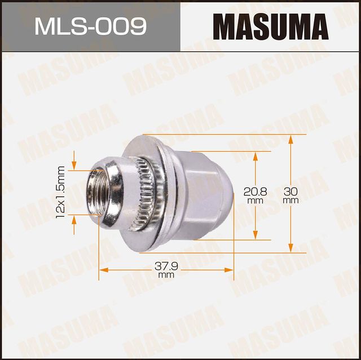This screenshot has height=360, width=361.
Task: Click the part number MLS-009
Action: coord(90,25)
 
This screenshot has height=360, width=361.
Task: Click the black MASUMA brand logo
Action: coord(271,26)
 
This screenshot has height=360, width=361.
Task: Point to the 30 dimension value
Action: coord(291,192)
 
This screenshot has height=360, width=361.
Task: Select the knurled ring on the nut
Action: coord(146,194)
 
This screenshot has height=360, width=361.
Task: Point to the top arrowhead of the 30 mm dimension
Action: coord(291,139)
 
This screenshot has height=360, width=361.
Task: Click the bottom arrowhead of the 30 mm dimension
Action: coord(291,248)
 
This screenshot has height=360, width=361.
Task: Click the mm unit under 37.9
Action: coord(166,275)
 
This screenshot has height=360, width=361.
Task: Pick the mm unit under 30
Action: coord(291,200)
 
